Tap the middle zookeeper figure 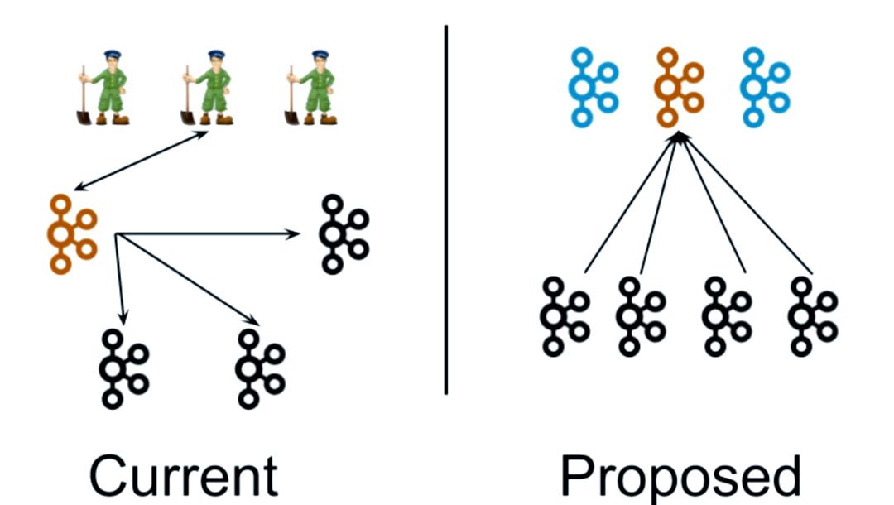207,88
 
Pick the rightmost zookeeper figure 312,88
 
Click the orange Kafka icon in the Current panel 71,233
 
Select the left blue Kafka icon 593,88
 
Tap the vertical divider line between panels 446,207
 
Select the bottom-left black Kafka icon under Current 123,368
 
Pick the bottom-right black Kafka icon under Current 259,368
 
